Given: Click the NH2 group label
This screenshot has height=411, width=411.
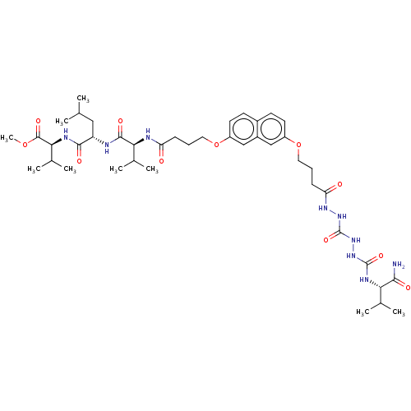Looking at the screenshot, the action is point(399,265).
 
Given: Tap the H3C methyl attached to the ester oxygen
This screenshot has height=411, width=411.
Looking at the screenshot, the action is point(7,138).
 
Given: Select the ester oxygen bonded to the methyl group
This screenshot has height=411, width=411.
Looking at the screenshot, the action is point(25,145).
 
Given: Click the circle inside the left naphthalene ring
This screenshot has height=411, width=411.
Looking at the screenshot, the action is point(243,128).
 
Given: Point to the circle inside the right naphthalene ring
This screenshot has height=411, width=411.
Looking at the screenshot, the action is point(271,128).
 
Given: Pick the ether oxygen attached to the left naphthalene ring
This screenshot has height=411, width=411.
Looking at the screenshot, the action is point(216,145).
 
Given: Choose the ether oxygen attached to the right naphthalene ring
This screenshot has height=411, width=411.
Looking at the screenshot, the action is point(298,145).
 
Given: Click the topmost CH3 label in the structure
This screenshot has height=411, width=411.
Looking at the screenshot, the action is point(83,99).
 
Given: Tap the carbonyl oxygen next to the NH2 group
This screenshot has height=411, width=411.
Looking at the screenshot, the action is point(408,288).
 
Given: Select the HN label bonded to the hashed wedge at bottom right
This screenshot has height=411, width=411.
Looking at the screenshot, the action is point(363,279).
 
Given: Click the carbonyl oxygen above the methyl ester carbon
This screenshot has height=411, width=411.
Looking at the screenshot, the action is point(39,121).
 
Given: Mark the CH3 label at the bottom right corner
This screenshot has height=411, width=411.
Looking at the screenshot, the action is point(399,312).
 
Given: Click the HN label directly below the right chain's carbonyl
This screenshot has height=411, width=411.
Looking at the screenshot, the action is point(323,208).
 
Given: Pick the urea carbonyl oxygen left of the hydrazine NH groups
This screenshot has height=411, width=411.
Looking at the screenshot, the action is point(326,240).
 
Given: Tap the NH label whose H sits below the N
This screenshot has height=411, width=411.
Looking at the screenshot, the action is point(107,147).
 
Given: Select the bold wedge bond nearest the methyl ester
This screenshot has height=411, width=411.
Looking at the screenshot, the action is point(57,142).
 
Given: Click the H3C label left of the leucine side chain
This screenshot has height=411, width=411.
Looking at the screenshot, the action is point(62,122).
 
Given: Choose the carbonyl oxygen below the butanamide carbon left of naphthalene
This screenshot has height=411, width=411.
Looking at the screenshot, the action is point(161,161).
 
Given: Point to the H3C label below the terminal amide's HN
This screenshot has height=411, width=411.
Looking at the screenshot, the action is point(363,312).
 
